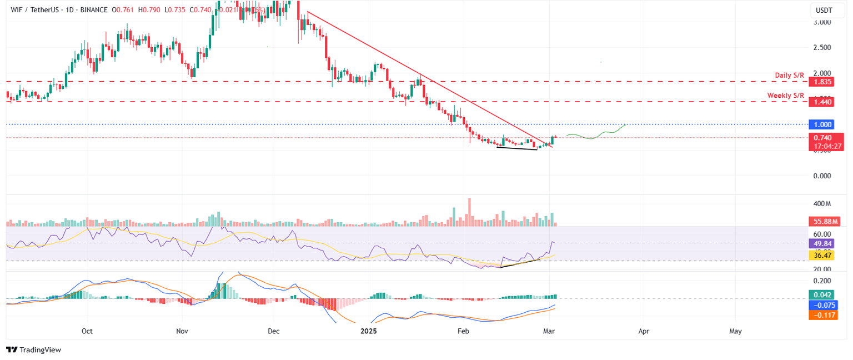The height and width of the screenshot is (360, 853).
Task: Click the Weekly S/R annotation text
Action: pyautogui.click(x=786, y=96)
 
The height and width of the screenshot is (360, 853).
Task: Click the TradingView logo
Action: pyautogui.click(x=33, y=349)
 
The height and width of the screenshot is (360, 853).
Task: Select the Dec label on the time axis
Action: pyautogui.click(x=273, y=331)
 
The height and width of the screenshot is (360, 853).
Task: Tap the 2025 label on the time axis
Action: pyautogui.click(x=369, y=331)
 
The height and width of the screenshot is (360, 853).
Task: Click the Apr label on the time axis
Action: pyautogui.click(x=644, y=331)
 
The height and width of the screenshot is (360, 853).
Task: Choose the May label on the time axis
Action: pyautogui.click(x=735, y=331)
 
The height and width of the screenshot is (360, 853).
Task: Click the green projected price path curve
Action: pyautogui.click(x=594, y=137)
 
